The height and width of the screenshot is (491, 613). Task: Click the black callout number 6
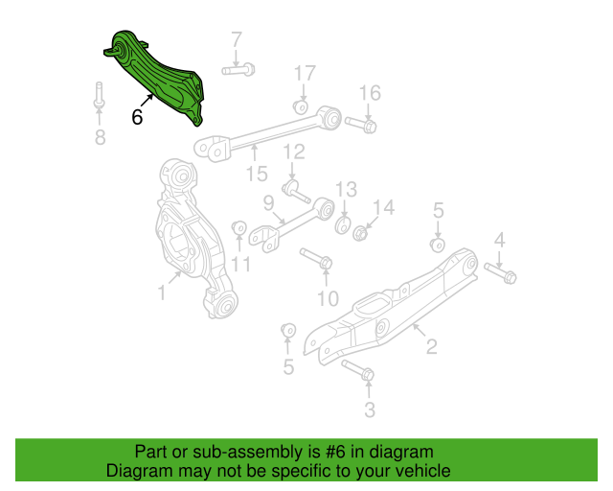point(137,117)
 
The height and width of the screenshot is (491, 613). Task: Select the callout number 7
point(237,39)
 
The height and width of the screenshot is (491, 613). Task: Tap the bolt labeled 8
point(99,95)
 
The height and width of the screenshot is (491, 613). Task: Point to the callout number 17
point(305,73)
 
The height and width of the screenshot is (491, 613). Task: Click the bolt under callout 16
point(361,125)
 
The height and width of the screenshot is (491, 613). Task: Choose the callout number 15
point(257,174)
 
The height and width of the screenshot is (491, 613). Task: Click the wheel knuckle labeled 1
point(194,239)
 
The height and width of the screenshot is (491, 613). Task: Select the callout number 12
point(294,152)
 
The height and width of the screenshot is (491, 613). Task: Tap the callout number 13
point(347,189)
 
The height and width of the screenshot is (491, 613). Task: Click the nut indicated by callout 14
point(359,233)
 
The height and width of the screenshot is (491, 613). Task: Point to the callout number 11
point(240,265)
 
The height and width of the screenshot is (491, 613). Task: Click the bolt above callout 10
point(317,258)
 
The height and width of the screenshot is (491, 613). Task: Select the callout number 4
point(500,240)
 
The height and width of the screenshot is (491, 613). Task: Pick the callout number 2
point(431,346)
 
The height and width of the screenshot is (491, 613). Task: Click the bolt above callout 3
point(358,370)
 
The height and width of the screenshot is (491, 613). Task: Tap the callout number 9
point(268,203)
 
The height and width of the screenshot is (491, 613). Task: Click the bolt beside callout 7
point(238,70)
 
